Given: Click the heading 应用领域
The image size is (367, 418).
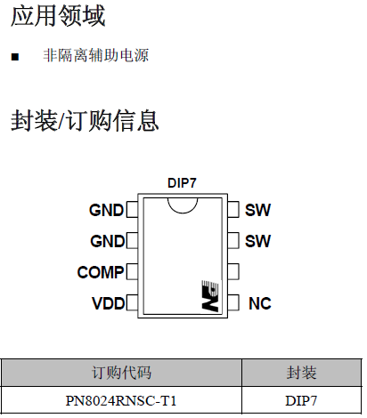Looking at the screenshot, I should coord(57,15).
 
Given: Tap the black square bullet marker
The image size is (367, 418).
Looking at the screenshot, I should coord(15,57).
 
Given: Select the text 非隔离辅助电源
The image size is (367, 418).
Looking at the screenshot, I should coord(95,56).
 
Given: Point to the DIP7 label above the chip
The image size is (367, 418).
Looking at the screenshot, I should coord(182,182).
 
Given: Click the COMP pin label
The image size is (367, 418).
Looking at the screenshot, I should coord(100,272).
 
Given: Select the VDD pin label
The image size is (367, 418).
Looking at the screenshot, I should coord(107,303).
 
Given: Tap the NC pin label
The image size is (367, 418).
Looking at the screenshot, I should coord(259,303).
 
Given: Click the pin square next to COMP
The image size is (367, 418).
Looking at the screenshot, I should coord(132,272).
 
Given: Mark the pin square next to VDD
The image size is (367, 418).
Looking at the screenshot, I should coord(132,303).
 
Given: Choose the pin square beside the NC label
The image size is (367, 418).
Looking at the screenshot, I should coord(233,303).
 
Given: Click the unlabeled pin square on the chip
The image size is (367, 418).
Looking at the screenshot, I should coord(233,270).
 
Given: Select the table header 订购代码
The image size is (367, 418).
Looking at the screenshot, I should coord(122,373).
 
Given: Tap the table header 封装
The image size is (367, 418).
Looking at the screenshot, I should coord(301,373).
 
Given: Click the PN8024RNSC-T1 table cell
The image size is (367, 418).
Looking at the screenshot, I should coord(122,400).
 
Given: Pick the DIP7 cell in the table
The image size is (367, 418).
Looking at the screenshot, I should coord(301,400).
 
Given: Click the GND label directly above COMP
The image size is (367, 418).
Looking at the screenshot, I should coord(107,241).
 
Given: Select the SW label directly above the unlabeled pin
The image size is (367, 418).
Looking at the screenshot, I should coord(257,241).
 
